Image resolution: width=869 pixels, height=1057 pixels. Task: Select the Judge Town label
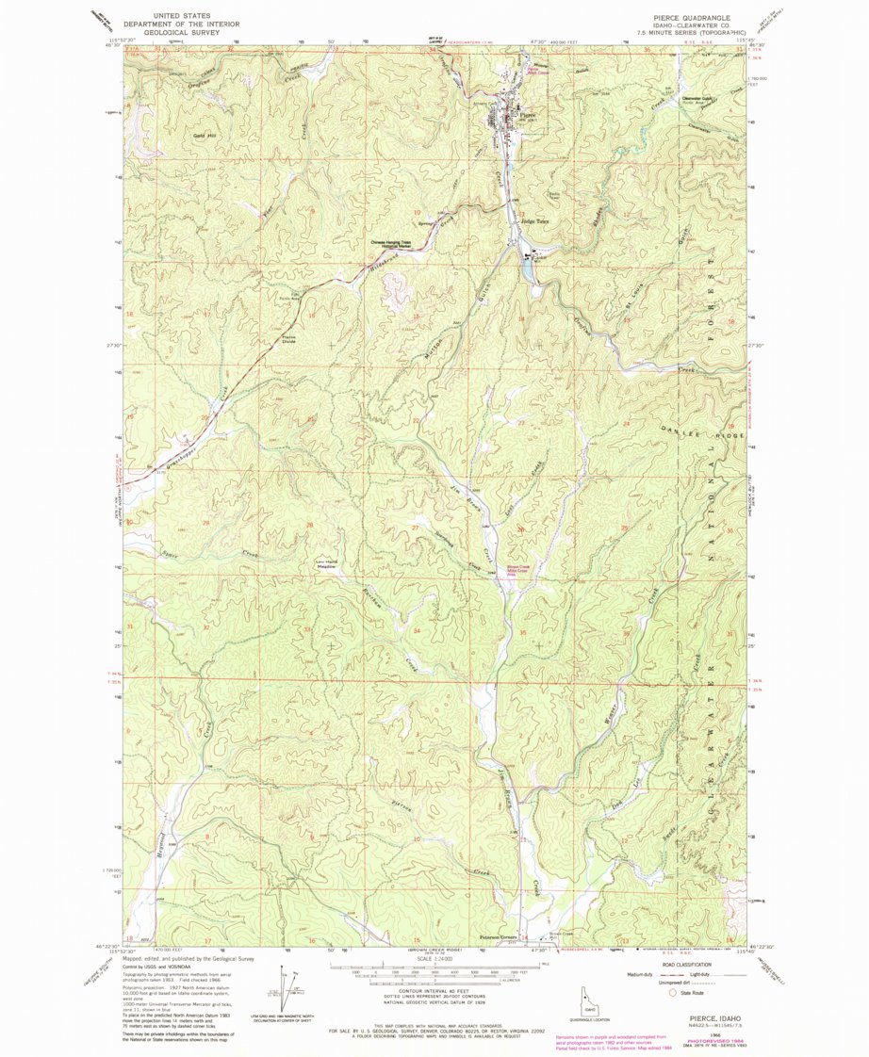click(x=534, y=222)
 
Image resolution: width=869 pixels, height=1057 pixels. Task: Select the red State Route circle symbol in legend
click(x=671, y=992)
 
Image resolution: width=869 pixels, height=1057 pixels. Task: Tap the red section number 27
click(x=415, y=528)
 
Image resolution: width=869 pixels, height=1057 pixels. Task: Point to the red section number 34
click(x=417, y=628)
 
